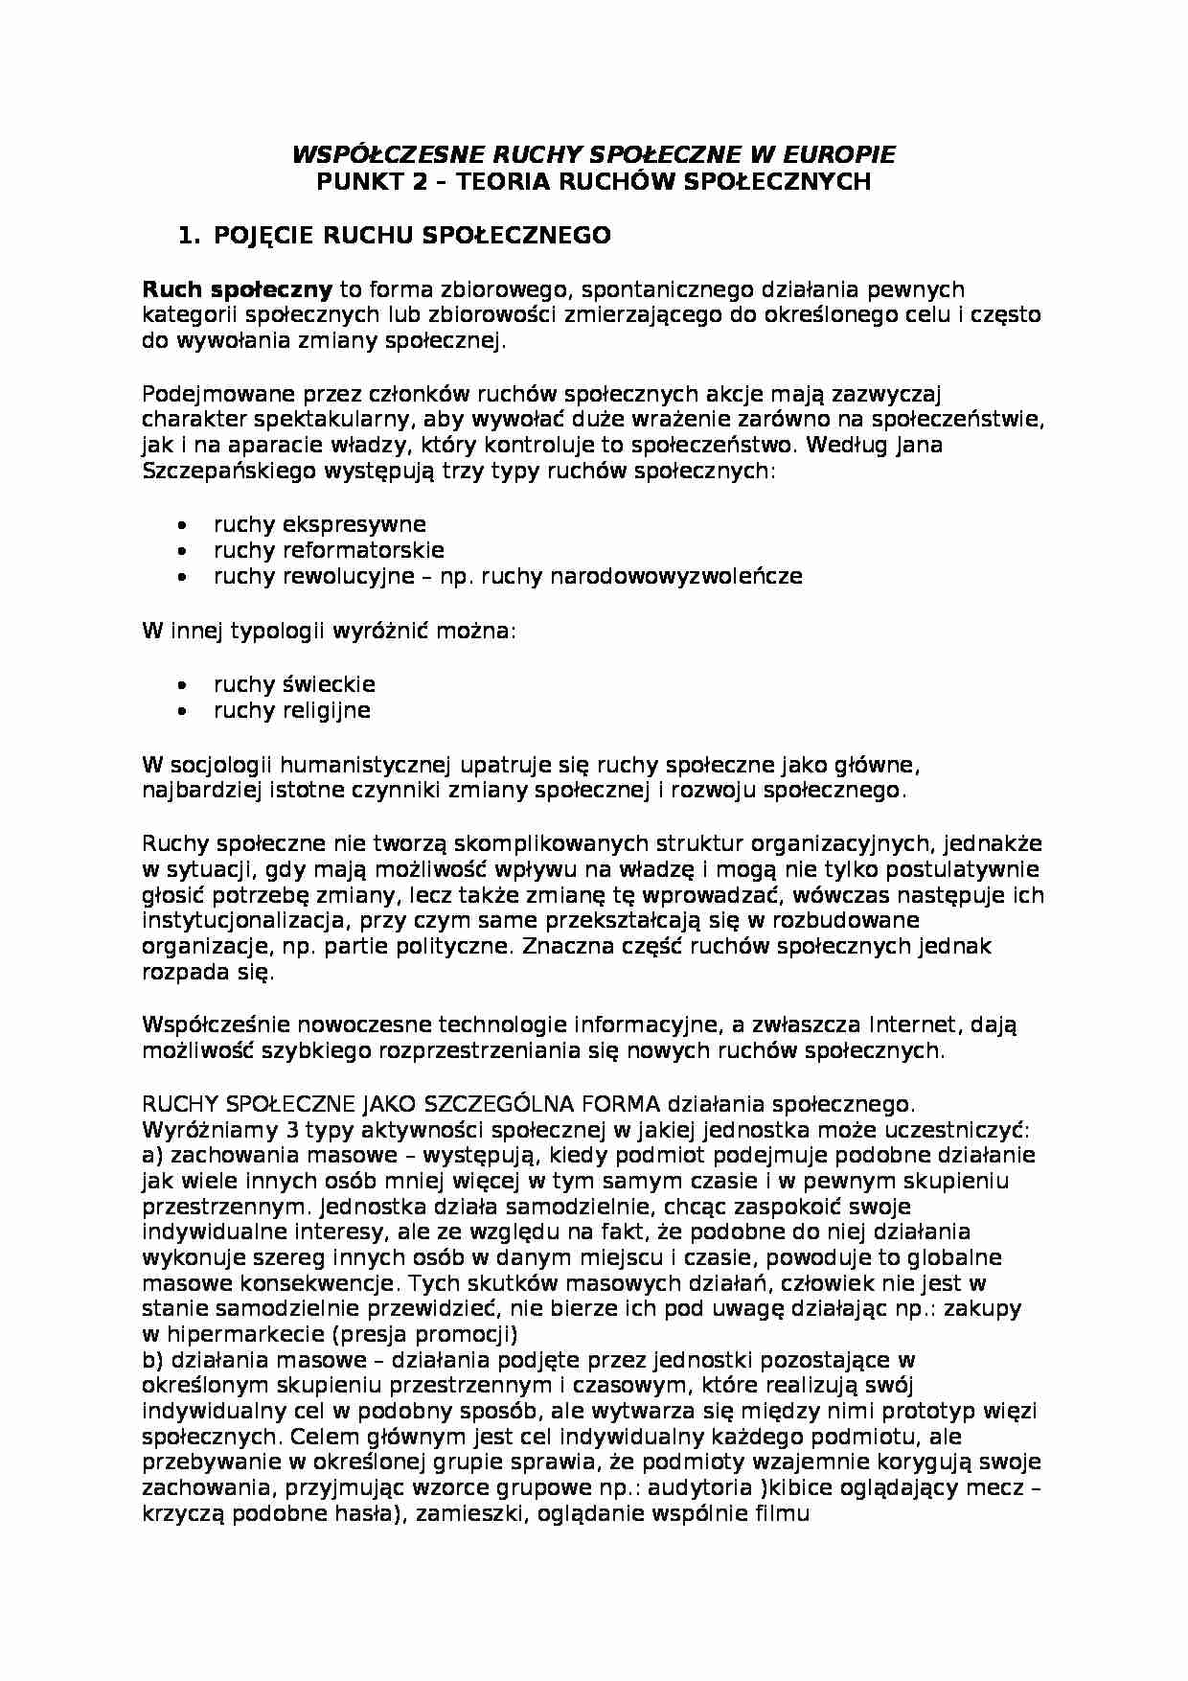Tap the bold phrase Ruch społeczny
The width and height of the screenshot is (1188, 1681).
pos(237,289)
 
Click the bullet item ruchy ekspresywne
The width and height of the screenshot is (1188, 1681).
pos(319,524)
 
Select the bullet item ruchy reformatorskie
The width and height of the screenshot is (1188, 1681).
pos(329,550)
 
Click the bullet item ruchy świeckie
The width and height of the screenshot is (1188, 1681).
pos(294,684)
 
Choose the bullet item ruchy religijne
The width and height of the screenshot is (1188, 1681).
pos(291,710)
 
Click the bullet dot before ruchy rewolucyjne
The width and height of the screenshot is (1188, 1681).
pos(183,577)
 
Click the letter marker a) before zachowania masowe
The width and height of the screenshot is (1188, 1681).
pos(152,1155)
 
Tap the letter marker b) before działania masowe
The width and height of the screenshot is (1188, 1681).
pos(152,1360)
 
